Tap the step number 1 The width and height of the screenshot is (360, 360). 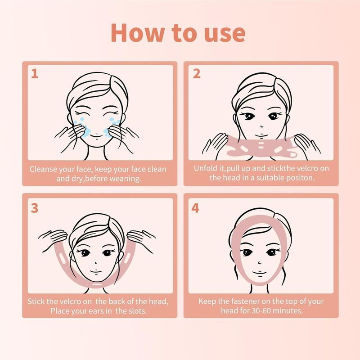coord(34,74)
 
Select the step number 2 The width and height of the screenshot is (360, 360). coord(196,74)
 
